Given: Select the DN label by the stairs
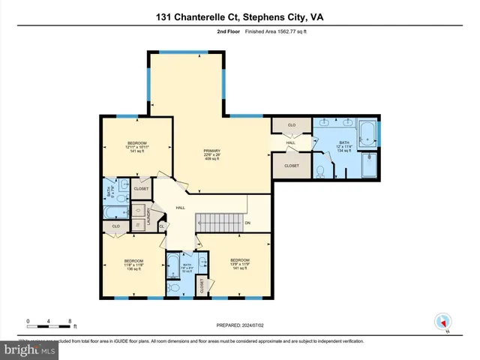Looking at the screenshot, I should [247, 223].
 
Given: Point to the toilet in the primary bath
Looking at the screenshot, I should [319, 171].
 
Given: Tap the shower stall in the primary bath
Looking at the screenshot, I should [370, 165].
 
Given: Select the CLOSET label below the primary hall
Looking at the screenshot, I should [290, 166].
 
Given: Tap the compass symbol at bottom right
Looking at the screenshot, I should [440, 320].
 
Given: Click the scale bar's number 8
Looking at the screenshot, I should [70, 321].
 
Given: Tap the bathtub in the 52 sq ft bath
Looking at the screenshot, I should [172, 266].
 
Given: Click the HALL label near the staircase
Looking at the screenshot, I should [180, 208].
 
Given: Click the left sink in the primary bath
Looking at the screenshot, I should [324, 122].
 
